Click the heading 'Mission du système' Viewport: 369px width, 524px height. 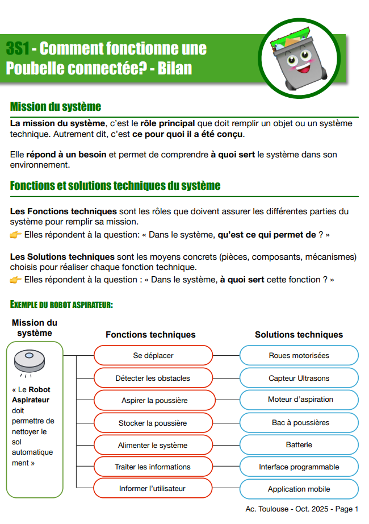click(56, 107)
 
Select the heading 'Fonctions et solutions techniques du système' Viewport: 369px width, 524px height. click(115, 186)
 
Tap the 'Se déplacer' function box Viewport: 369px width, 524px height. click(153, 356)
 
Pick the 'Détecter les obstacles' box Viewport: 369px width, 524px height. click(153, 378)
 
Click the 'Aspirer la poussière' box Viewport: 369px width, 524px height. click(153, 400)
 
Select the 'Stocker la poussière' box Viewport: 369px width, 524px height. click(153, 423)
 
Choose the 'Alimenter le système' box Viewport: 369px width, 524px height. click(153, 445)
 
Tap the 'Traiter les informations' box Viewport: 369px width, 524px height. click(153, 467)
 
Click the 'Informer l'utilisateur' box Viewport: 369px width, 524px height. click(153, 489)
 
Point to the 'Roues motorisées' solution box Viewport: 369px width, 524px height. click(299, 356)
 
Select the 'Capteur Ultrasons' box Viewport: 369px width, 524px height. click(299, 378)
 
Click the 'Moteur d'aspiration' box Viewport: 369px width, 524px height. click(299, 400)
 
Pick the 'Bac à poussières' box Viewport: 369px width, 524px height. click(299, 423)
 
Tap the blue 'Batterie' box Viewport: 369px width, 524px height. click(299, 445)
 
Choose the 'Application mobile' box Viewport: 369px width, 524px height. click(299, 489)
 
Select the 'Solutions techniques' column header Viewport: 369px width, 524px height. click(299, 335)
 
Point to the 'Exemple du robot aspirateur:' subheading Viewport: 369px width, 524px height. click(62, 305)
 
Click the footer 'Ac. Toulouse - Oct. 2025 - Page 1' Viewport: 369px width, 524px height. click(302, 509)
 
